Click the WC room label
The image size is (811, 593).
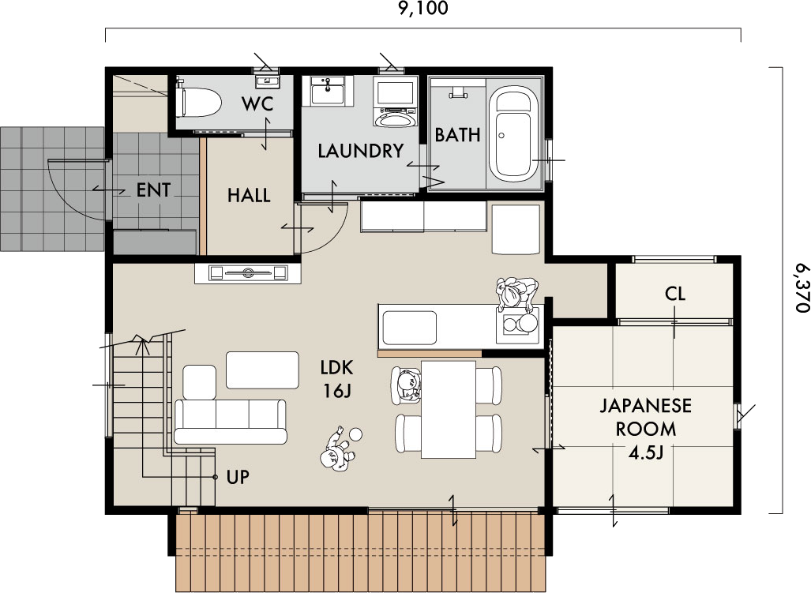coord(257,104)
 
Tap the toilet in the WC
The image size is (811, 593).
coord(198,101)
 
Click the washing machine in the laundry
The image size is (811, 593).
coord(396,101)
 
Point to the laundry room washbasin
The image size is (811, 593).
coord(328,91)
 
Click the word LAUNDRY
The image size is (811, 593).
coord(361,151)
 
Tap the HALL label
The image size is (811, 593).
coord(249,195)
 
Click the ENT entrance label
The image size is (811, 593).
coord(154,190)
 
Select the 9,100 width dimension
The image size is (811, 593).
coord(423,8)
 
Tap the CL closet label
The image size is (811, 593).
coord(675,295)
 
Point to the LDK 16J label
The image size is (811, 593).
coord(336,379)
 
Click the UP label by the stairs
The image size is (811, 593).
coord(238,477)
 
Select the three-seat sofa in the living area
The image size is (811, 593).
coord(230,422)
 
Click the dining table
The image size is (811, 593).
coord(449,410)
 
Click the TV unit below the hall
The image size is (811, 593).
coord(248,273)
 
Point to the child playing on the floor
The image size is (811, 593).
coord(339,449)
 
